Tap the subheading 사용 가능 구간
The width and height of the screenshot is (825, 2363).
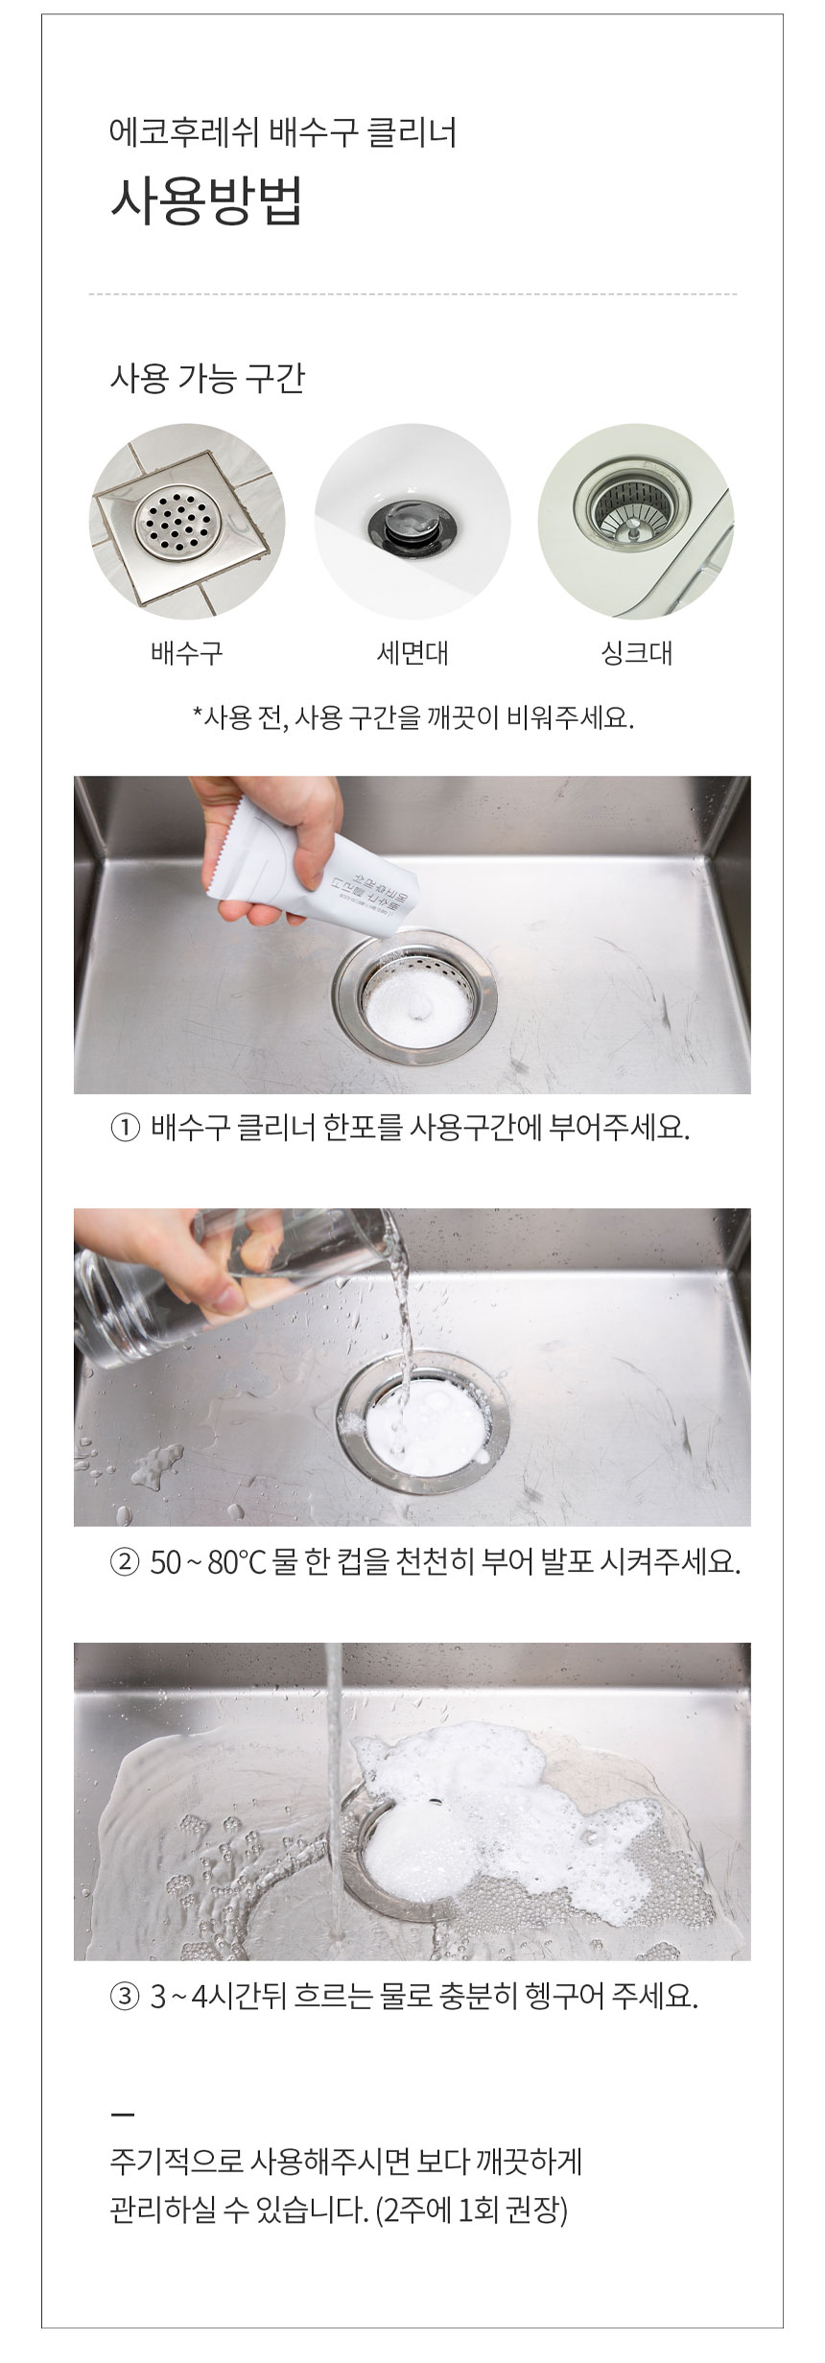[x=208, y=380]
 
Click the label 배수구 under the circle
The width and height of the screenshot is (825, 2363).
[x=187, y=654]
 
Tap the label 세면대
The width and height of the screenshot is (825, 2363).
[x=412, y=654]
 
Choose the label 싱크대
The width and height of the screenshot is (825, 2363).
[x=636, y=654]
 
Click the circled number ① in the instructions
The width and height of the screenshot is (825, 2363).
[x=127, y=1127]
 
